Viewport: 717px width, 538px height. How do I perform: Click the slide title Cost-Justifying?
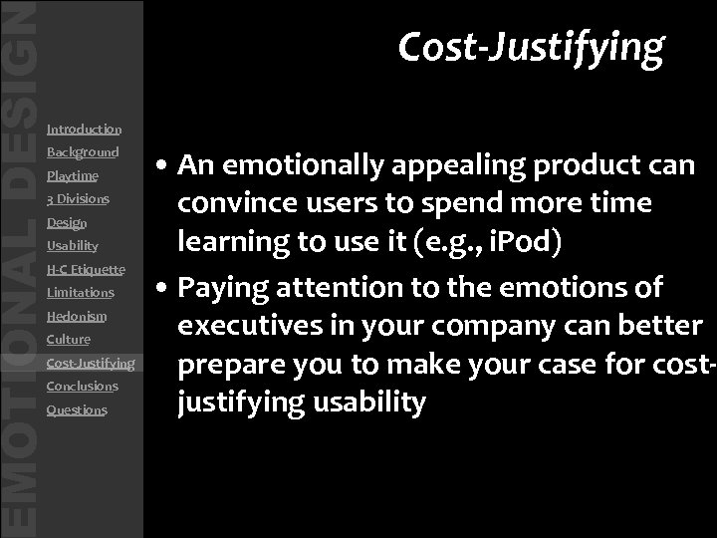530,46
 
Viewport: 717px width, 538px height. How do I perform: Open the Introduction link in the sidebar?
84,129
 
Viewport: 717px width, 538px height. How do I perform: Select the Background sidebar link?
83,152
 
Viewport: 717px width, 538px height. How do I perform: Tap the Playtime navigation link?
72,176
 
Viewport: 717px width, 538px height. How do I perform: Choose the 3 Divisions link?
78,199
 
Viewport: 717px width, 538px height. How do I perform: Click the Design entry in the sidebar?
67,223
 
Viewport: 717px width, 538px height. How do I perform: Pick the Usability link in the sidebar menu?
72,246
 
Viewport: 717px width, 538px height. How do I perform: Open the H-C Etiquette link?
86,269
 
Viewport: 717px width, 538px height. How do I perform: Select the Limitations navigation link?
81,293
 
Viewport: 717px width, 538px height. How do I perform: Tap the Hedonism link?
76,316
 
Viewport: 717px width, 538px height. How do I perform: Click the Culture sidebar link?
69,340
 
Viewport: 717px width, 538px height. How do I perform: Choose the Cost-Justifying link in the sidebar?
91,363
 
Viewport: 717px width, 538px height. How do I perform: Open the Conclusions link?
82,386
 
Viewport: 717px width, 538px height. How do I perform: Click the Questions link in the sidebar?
77,409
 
